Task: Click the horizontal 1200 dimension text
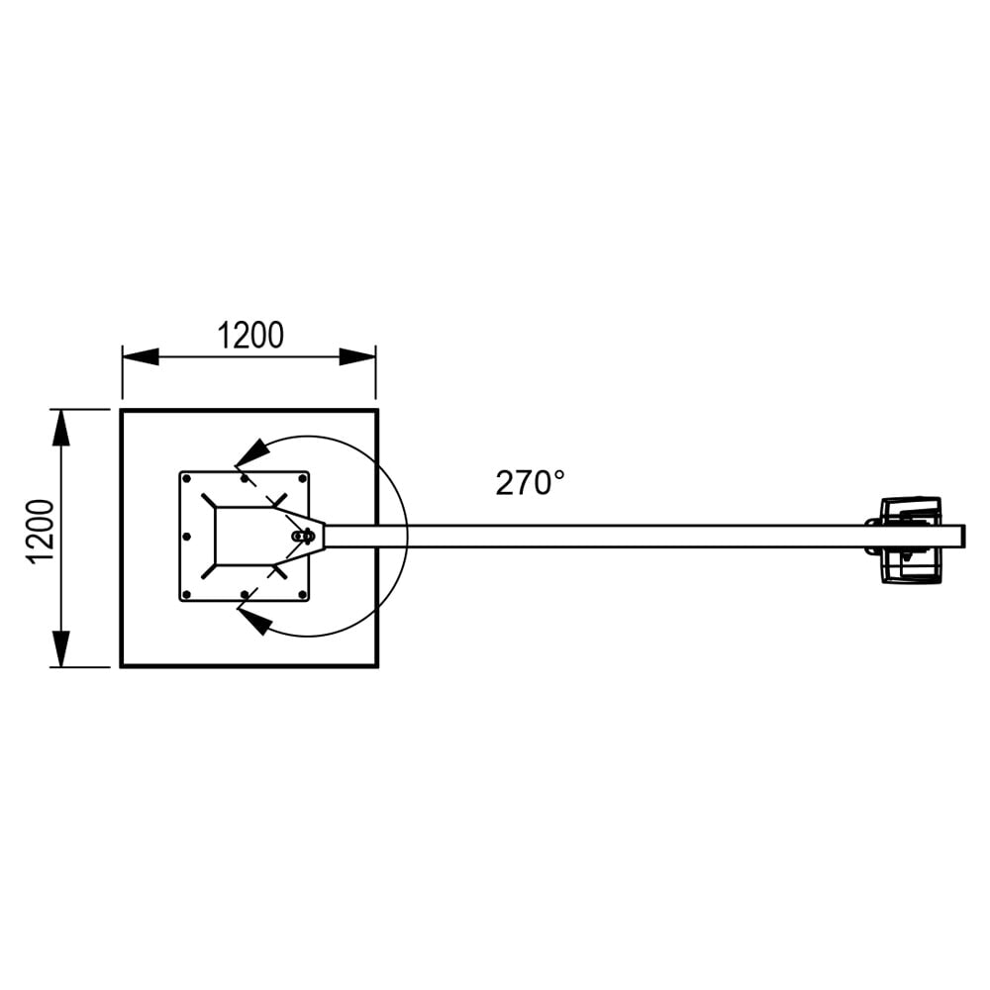pos(249,337)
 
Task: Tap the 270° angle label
pos(530,483)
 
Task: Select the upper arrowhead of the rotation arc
pos(251,452)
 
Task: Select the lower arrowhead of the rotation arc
pos(254,622)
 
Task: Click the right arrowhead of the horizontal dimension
pos(357,356)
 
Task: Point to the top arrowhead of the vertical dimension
pos(61,428)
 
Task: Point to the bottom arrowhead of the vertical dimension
pos(61,647)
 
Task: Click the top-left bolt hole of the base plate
pos(186,478)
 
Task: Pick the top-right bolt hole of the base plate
pos(302,478)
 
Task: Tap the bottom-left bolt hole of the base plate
pos(186,595)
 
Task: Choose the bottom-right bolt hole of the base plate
pos(302,595)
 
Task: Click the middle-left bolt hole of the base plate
pos(186,537)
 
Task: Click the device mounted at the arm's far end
pos(909,540)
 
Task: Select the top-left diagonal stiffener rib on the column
pos(208,500)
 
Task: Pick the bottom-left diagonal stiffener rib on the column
pos(208,572)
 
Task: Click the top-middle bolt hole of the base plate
pos(244,478)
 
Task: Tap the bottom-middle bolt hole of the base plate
pos(244,595)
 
